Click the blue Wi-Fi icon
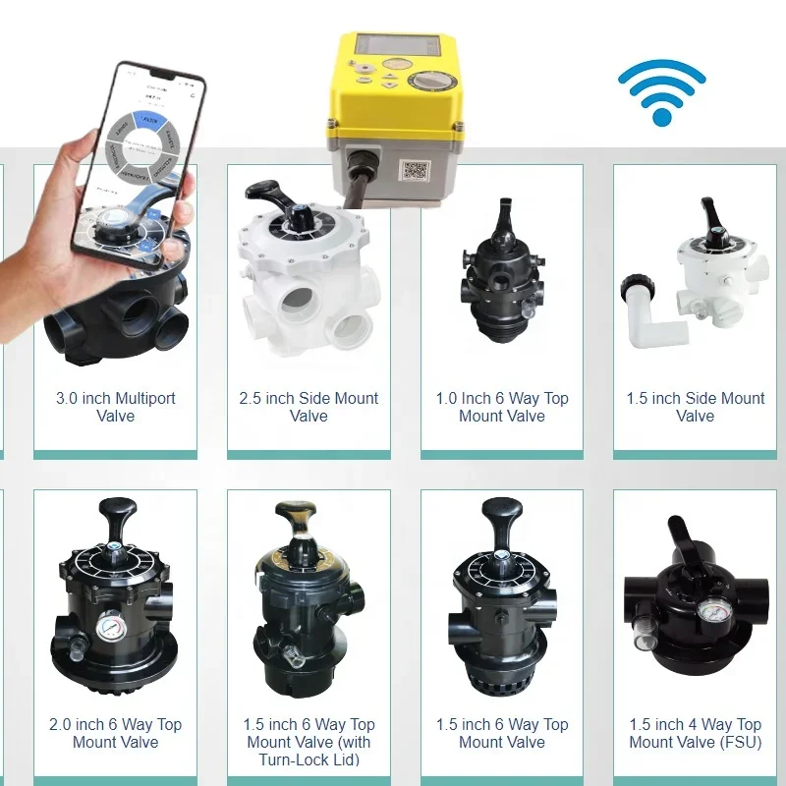(661, 93)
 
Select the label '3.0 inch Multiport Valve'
(115, 407)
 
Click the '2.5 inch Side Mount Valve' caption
(309, 407)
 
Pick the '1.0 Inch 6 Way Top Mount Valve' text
(502, 407)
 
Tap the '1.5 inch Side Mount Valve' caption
(696, 407)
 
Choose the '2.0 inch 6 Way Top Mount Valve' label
(115, 733)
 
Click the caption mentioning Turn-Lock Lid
(309, 742)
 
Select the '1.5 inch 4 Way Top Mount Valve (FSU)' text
(696, 733)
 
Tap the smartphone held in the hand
(138, 147)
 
